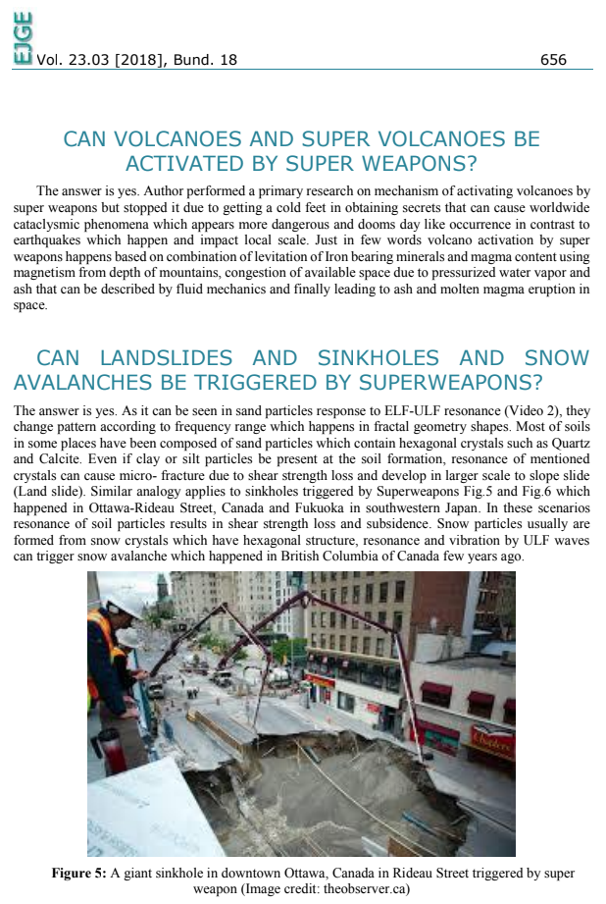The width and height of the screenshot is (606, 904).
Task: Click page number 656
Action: tap(553, 60)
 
